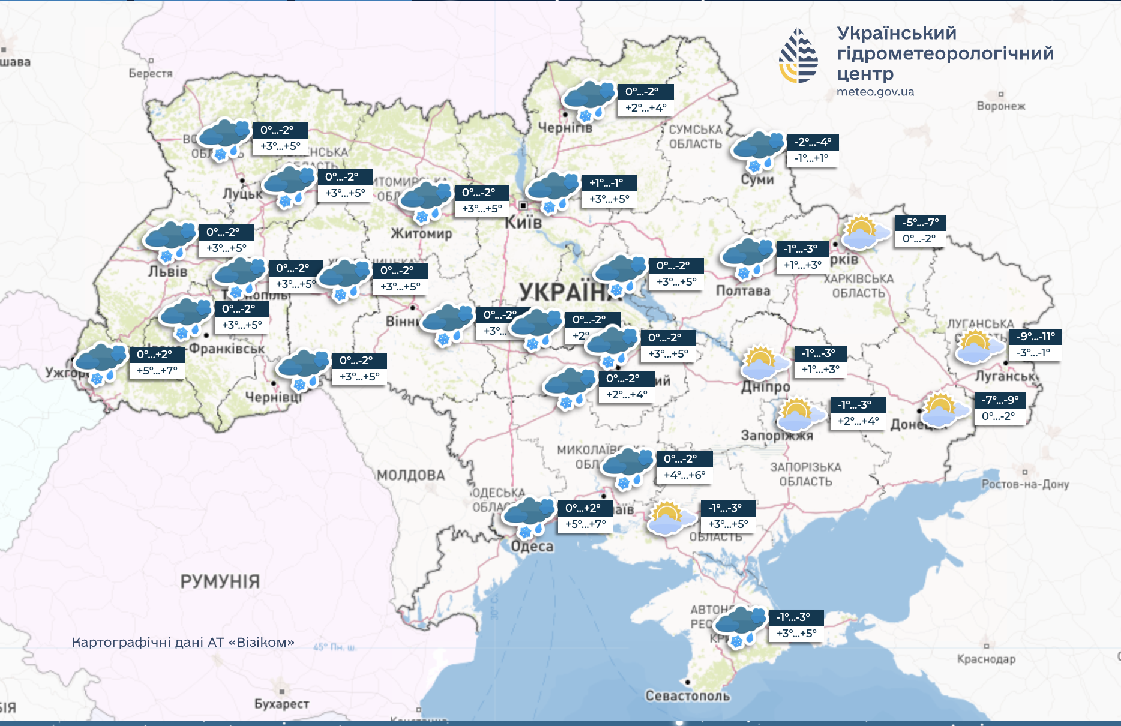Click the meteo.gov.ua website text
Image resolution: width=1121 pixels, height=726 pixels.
[875, 92]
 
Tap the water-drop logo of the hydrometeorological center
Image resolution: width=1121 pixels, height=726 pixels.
[798, 56]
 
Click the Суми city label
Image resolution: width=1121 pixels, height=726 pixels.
[757, 179]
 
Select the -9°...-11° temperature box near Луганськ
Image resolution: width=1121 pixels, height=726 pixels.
[1035, 337]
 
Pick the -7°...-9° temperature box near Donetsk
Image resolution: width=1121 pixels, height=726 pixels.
[1000, 400]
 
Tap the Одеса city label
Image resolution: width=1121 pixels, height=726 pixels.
[532, 547]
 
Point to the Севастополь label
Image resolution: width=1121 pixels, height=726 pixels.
[687, 696]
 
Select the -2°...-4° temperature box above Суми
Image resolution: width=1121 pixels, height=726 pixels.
[813, 142]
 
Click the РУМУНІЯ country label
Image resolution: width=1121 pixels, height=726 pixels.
[220, 581]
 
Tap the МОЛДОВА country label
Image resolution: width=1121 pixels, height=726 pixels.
[411, 476]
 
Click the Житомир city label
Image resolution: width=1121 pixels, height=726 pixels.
[421, 233]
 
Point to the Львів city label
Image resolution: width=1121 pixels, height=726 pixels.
[168, 272]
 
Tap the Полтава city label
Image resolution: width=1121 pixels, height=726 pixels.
[742, 291]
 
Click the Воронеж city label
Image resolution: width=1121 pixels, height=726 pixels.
[1000, 106]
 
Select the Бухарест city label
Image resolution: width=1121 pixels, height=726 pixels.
[281, 704]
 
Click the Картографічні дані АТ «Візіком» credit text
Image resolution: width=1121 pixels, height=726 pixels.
[183, 643]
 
